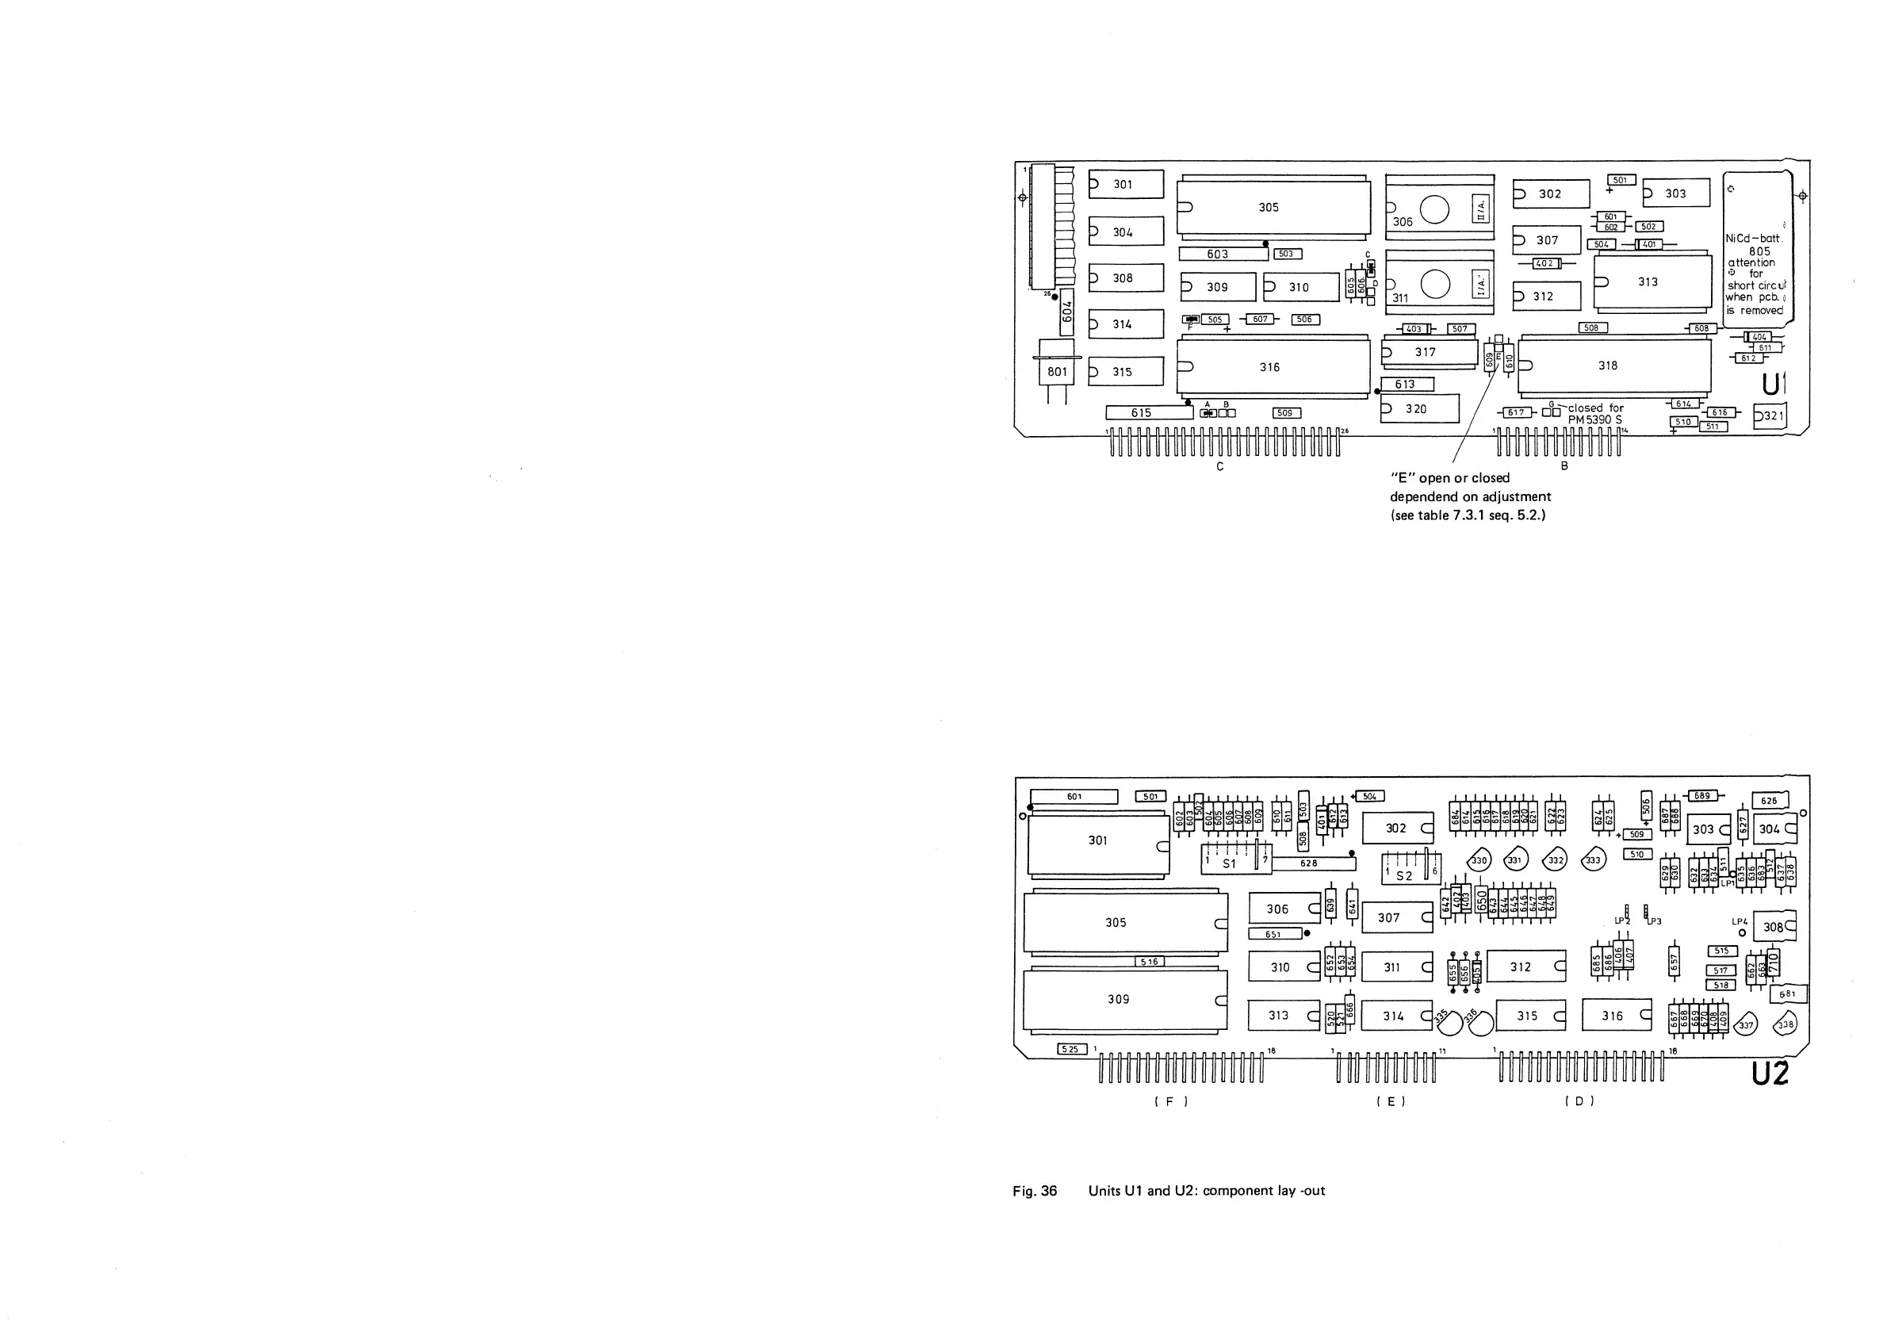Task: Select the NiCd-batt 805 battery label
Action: (x=1759, y=245)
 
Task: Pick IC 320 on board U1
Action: (x=1419, y=408)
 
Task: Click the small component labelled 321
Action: (x=1770, y=415)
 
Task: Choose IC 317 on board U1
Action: (x=1430, y=353)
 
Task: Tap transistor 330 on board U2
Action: (x=1479, y=860)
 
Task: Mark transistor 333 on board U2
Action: (x=1594, y=860)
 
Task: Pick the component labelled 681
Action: (x=1789, y=994)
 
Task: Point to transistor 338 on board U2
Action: (x=1785, y=1024)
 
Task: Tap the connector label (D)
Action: (x=1579, y=1101)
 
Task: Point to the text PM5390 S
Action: (x=1595, y=420)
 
